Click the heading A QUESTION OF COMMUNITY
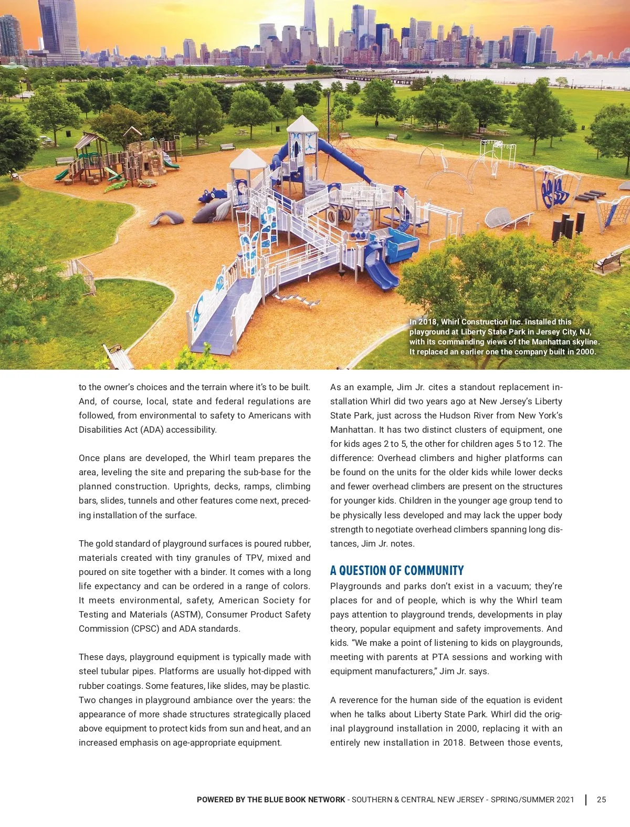point(397,571)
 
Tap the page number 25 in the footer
point(601,800)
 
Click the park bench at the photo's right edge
point(609,261)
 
